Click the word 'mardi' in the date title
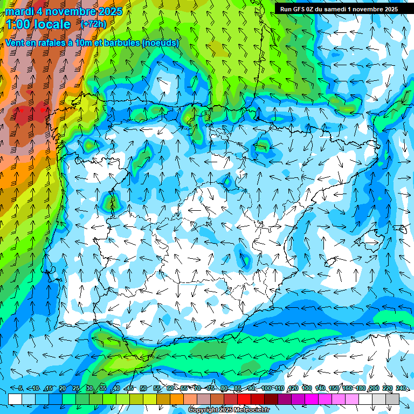19,11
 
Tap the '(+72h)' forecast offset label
93,24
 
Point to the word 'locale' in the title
52,24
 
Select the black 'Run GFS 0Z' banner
339,9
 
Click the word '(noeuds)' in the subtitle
161,43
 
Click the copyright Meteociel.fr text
229,410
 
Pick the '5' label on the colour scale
20,389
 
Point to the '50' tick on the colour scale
143,389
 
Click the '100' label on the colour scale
266,389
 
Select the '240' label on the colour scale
401,389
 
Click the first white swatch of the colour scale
15,399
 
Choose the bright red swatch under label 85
244,399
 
